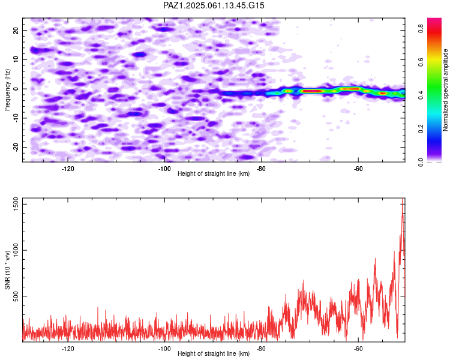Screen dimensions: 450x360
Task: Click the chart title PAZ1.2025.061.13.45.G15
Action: [x=214, y=5]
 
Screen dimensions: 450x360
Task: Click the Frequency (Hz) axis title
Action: [x=7, y=90]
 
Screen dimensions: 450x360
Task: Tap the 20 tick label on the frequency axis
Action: [x=16, y=30]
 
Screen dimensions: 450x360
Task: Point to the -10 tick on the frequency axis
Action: [x=16, y=118]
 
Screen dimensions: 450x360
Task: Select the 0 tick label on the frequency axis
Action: [x=16, y=89]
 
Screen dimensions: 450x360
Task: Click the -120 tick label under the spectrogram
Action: [x=68, y=169]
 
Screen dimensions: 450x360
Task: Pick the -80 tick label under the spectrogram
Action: [x=261, y=169]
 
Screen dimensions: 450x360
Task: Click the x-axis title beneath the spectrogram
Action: [x=214, y=173]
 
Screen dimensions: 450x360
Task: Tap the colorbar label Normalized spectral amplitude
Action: [x=445, y=90]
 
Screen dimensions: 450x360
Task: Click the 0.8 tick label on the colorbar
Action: [x=421, y=28]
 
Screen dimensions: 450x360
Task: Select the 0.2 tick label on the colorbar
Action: [x=421, y=129]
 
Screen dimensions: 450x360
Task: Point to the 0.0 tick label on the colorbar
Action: [x=421, y=162]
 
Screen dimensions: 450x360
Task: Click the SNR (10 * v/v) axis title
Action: [x=7, y=270]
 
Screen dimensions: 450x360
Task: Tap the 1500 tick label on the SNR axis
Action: [x=16, y=204]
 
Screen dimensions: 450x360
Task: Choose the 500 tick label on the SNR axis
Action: [x=16, y=296]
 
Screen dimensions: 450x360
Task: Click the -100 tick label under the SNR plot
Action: [x=164, y=349]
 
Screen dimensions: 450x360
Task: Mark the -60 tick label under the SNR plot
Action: [x=358, y=349]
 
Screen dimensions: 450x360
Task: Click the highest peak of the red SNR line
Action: [x=403, y=199]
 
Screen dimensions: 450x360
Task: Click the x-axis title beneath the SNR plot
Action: [x=214, y=353]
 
